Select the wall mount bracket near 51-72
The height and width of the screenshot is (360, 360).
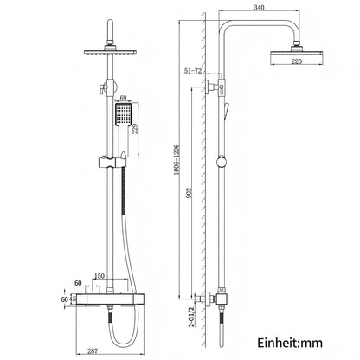(x=220, y=86)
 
